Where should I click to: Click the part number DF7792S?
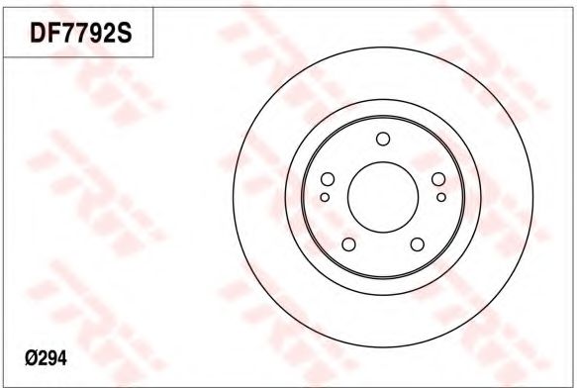pos(81,33)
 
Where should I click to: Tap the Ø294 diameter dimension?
pos(46,357)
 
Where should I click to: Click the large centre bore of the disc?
pos(383,197)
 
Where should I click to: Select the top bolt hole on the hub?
pos(383,139)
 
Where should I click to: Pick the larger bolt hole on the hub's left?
pos(328,179)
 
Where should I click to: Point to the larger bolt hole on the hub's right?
pos(438,179)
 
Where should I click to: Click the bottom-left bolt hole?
pos(348,244)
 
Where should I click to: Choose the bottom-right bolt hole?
pos(418,244)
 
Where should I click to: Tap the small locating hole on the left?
pos(325,197)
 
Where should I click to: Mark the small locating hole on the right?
pos(441,197)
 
